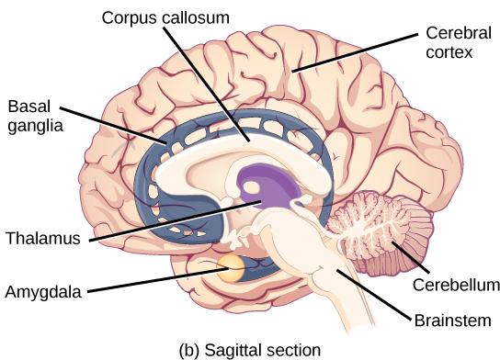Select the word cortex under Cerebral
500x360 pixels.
pyautogui.click(x=449, y=53)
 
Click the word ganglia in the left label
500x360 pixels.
pyautogui.click(x=32, y=126)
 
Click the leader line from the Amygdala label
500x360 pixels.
pyautogui.click(x=147, y=281)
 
